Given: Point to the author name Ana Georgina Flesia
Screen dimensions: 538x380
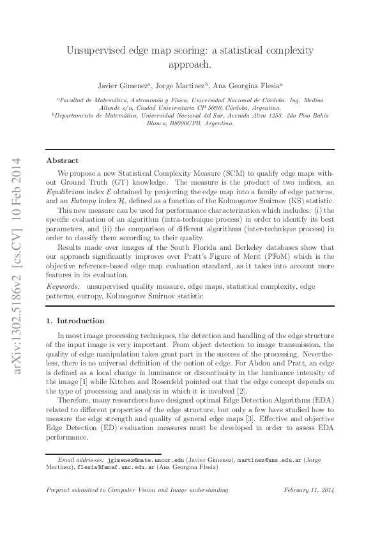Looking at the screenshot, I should (253, 84).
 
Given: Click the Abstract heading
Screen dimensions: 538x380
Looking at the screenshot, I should (63, 160).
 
